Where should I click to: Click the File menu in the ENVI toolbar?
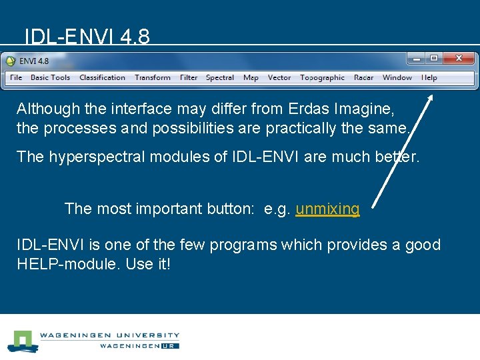pyautogui.click(x=16, y=78)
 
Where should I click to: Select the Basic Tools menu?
pyautogui.click(x=50, y=78)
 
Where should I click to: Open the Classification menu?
pyautogui.click(x=102, y=78)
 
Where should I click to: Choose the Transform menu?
pyautogui.click(x=153, y=78)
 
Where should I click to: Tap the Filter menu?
pyautogui.click(x=189, y=78)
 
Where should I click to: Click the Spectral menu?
pyautogui.click(x=220, y=78)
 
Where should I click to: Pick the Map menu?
pyautogui.click(x=251, y=78)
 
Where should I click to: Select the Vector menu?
pyautogui.click(x=279, y=78)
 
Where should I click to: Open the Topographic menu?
pyautogui.click(x=322, y=78)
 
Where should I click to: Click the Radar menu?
pyautogui.click(x=363, y=78)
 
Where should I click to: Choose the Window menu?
pyautogui.click(x=397, y=78)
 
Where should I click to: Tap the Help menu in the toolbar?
pyautogui.click(x=429, y=78)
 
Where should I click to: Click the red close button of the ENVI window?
pyautogui.click(x=459, y=59)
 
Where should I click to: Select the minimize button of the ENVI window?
pyautogui.click(x=417, y=59)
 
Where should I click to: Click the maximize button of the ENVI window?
pyautogui.click(x=434, y=59)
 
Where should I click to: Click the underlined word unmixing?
pyautogui.click(x=327, y=209)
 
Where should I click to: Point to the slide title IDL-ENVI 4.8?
pyautogui.click(x=87, y=36)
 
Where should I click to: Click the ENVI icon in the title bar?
pyautogui.click(x=11, y=61)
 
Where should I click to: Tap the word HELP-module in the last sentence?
pyautogui.click(x=67, y=263)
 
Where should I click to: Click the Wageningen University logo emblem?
pyautogui.click(x=22, y=341)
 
